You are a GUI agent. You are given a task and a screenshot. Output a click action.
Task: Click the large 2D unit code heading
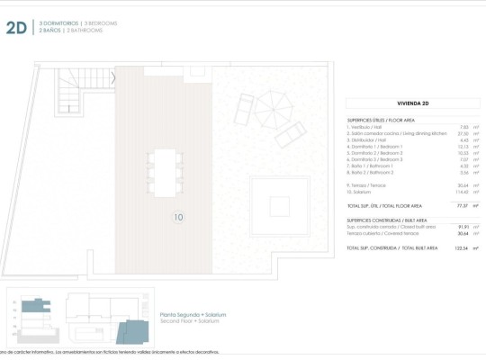16,27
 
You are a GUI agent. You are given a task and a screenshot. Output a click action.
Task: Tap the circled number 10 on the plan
178,217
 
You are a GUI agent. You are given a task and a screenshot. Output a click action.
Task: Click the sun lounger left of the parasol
244,110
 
